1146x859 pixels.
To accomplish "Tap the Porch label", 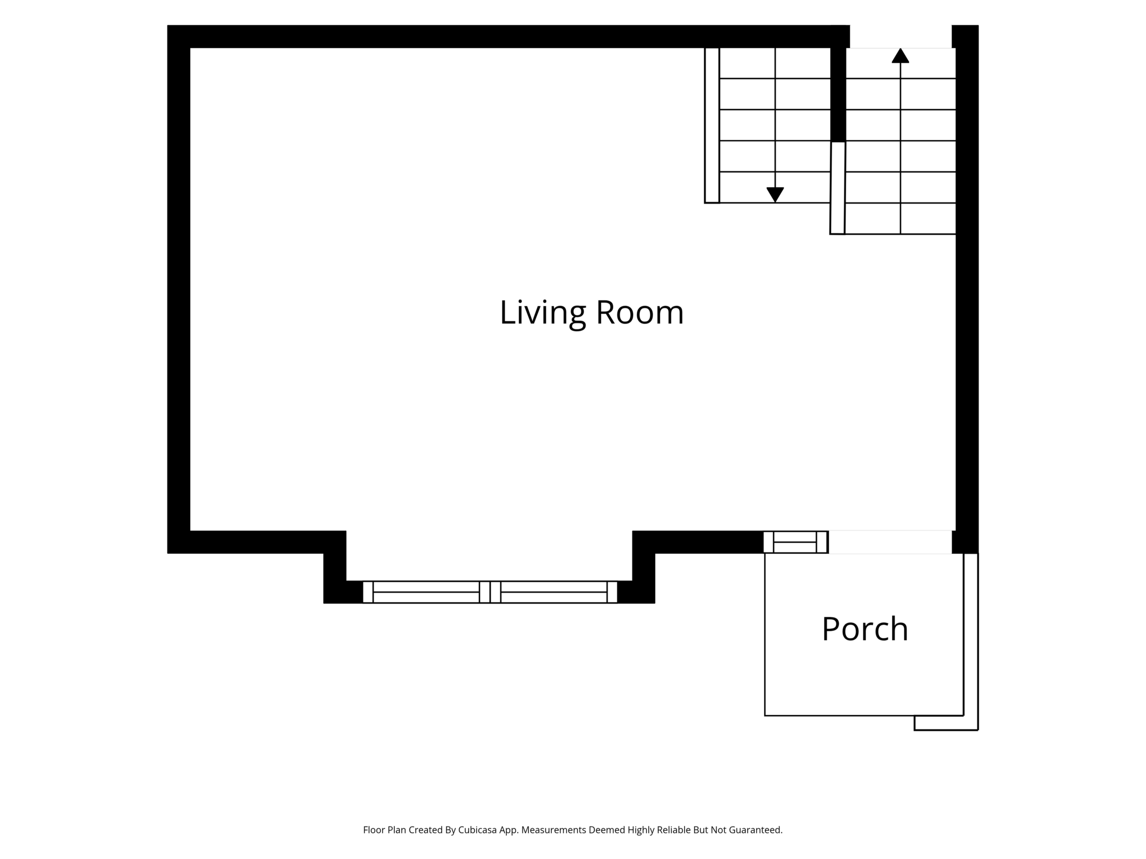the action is click(x=865, y=629).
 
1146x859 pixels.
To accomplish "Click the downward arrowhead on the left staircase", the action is click(x=775, y=195).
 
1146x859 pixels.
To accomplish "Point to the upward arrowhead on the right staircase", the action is click(x=900, y=56).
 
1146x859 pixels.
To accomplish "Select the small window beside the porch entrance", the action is click(x=795, y=542).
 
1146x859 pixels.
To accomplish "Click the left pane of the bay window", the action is click(x=426, y=592).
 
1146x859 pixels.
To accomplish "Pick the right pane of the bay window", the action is click(x=554, y=592).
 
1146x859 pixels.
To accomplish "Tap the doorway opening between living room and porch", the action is click(x=890, y=542).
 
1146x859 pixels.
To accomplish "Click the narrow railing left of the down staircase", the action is click(x=712, y=125).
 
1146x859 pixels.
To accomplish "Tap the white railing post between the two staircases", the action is click(x=838, y=188).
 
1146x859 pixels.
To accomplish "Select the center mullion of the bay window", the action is click(x=490, y=592).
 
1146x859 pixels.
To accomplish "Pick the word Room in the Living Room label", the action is click(x=640, y=313).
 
